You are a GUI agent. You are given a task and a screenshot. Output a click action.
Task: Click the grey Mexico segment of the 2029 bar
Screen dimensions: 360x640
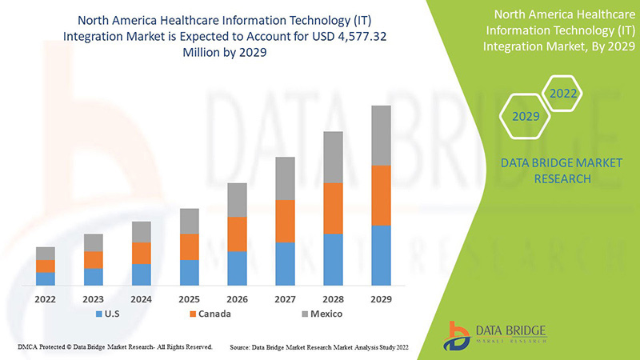(x=381, y=135)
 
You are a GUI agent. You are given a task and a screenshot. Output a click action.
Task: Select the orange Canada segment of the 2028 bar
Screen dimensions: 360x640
(x=333, y=208)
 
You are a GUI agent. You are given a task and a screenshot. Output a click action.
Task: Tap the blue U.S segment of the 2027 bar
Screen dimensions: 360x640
(x=285, y=263)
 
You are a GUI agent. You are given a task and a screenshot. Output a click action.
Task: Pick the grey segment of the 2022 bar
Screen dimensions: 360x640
(x=46, y=253)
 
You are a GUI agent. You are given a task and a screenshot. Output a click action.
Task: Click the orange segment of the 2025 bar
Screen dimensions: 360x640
(x=189, y=246)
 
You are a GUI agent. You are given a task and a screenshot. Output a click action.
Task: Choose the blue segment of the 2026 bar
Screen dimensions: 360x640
(x=237, y=268)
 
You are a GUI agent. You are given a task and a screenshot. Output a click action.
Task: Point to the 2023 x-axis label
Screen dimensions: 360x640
(x=94, y=298)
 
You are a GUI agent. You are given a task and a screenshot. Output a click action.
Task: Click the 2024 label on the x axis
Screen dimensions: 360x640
(x=142, y=298)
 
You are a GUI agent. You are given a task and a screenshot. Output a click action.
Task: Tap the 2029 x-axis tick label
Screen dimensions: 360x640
(x=381, y=298)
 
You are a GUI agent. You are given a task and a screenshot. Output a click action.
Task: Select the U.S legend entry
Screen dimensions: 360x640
(x=108, y=314)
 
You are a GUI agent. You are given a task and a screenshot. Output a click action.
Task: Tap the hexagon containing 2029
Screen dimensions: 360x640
(x=525, y=117)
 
